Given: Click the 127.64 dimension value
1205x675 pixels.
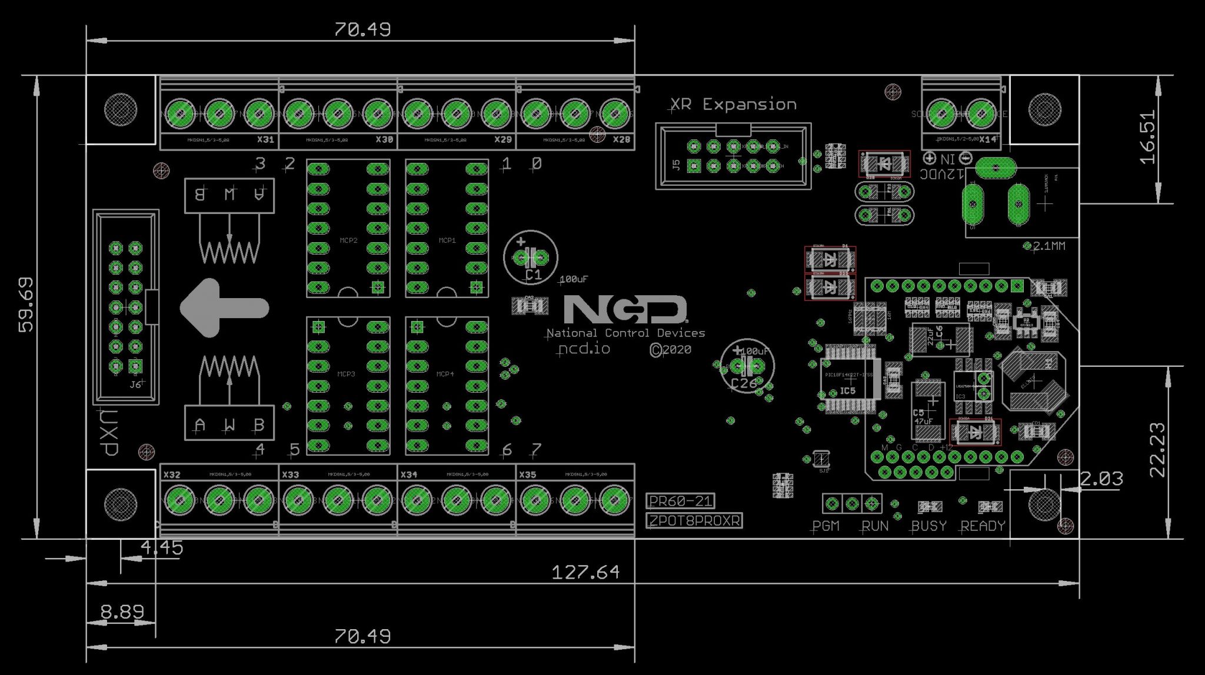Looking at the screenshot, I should point(585,572).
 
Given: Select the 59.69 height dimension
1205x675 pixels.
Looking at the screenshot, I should point(26,305).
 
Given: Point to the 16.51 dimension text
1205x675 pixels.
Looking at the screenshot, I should point(1148,136).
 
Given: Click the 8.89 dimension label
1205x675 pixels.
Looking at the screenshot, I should point(122,612).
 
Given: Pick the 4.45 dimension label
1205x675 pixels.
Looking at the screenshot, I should point(162,547).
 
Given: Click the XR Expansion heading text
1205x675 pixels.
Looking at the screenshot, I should point(734,105).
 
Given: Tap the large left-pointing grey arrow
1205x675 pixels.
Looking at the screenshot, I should point(224,308).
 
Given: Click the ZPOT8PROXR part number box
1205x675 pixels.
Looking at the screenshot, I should point(694,521).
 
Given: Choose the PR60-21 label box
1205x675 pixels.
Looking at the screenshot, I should point(681,501).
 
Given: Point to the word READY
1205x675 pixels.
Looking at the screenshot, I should point(983,526).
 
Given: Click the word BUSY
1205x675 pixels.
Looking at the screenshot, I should point(928,526).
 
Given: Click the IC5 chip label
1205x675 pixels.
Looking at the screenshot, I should point(847,390).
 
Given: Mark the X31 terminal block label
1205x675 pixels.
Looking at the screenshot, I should point(265,140).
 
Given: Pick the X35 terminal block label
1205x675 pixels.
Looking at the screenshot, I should point(528,474).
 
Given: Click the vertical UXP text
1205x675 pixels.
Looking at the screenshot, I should point(108,432).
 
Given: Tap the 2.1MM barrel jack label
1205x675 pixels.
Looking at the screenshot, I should point(1048,246).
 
